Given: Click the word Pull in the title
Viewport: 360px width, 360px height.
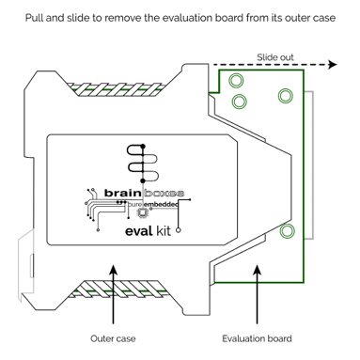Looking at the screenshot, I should click(37, 19).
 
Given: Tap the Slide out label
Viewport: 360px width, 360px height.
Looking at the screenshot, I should click(274, 56).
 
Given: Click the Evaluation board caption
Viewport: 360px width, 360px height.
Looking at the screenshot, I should click(257, 338).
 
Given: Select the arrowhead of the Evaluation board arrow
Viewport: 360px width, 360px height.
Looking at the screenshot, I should click(256, 270).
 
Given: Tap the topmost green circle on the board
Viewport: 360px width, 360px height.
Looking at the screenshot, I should click(236, 80).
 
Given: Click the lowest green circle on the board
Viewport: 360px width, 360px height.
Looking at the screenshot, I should click(287, 230).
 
